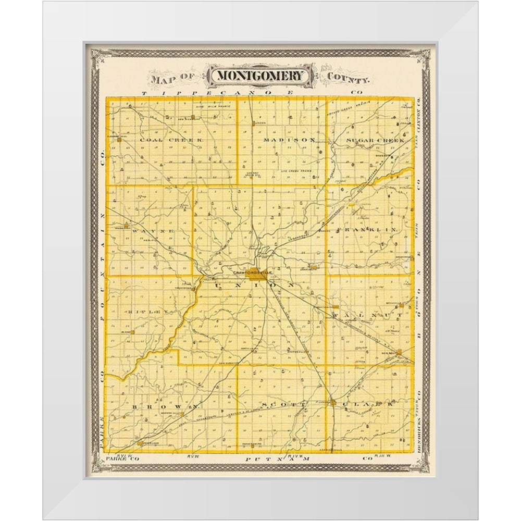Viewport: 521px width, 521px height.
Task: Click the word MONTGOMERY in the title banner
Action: coord(260,76)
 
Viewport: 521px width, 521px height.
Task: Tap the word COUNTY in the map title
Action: coord(349,79)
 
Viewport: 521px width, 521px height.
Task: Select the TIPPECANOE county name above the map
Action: coord(229,93)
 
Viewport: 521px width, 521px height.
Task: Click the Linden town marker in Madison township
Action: coord(259,123)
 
